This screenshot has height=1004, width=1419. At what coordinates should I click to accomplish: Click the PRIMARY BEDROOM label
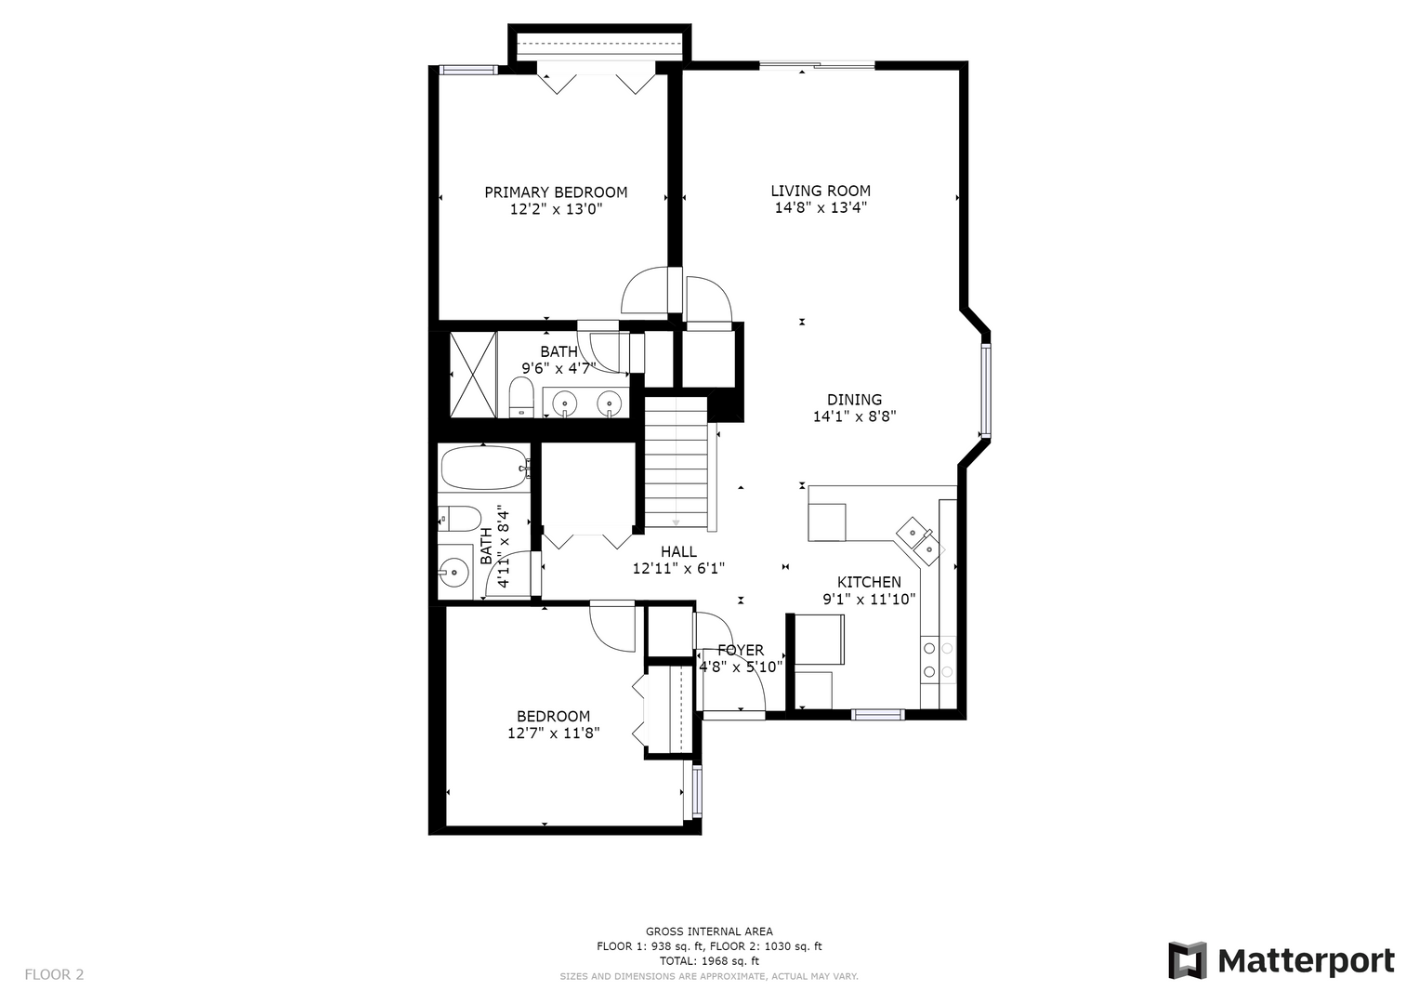(556, 192)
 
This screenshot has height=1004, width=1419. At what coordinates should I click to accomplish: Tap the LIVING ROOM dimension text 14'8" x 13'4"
(821, 208)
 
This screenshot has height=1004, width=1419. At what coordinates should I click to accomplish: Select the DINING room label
(855, 400)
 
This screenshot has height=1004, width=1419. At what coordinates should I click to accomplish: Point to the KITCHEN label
(869, 582)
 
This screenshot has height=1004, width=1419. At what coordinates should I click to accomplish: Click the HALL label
(678, 551)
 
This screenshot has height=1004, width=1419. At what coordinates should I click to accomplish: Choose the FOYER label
(741, 651)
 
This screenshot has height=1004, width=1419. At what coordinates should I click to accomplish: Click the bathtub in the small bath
(484, 468)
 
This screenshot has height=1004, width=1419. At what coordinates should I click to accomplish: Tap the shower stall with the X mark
(473, 374)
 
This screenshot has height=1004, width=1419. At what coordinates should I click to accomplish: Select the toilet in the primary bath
(521, 398)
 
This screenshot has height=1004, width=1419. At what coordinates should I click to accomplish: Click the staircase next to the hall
(676, 463)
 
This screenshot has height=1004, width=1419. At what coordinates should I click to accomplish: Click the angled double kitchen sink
(919, 540)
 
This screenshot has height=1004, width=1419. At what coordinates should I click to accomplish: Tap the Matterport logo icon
(1187, 960)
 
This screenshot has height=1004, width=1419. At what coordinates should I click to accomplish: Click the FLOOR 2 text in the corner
(54, 974)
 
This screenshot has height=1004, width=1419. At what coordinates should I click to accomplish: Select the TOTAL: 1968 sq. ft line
(709, 960)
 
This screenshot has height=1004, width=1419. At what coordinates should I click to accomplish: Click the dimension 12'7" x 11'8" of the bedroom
(554, 733)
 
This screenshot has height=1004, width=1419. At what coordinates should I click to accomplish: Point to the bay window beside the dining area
(985, 390)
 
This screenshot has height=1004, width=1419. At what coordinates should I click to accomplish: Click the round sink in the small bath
(453, 573)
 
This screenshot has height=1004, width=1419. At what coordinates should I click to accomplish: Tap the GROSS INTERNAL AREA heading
(709, 931)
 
